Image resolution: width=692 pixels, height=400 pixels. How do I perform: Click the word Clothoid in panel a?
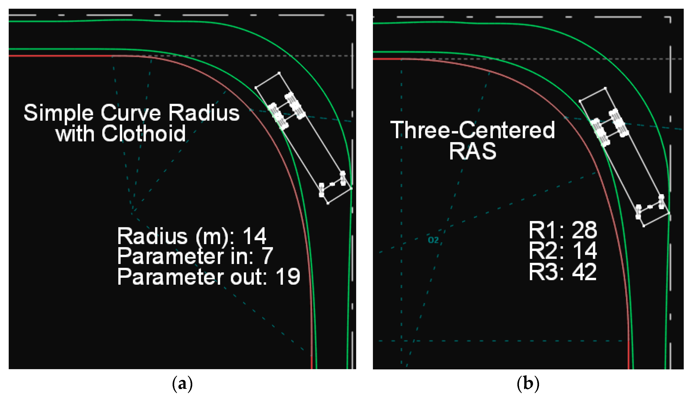144,133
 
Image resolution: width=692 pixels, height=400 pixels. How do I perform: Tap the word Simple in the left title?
59,113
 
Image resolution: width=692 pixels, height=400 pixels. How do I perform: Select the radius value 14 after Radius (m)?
255,236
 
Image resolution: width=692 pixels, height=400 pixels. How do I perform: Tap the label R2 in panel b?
539,251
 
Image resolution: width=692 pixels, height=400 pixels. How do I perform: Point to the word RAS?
472,151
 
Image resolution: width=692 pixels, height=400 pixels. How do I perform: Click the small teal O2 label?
433,240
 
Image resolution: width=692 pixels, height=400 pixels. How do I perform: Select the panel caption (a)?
182,383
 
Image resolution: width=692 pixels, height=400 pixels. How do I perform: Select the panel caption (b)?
528,383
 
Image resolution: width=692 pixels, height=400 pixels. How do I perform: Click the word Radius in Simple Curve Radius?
204,113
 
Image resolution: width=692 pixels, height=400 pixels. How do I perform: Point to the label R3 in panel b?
539,272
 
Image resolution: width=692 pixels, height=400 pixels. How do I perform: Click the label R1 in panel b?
539,230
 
